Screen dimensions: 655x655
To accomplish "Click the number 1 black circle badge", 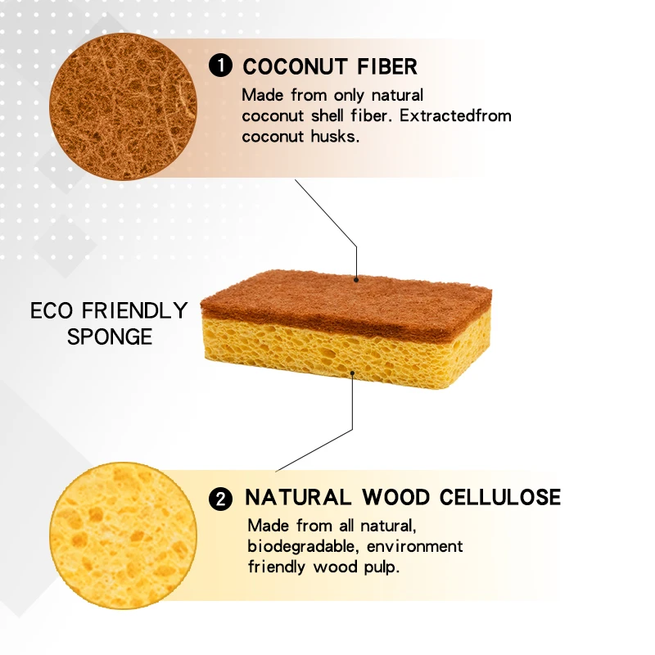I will (221, 66).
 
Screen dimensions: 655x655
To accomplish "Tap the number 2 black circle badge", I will (220, 499).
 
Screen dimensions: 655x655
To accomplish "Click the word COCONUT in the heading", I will (296, 66).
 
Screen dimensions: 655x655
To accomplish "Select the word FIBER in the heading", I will (388, 66).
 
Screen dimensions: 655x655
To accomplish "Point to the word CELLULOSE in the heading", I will (501, 497).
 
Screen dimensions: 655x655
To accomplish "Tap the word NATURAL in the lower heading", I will (297, 497).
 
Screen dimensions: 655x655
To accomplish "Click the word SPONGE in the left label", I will (110, 337).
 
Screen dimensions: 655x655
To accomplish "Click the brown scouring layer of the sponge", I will (344, 295).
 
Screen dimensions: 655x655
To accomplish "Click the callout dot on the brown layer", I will (357, 279).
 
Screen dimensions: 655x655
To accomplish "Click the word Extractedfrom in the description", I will (463, 115).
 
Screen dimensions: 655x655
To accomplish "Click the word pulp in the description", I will (382, 567).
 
